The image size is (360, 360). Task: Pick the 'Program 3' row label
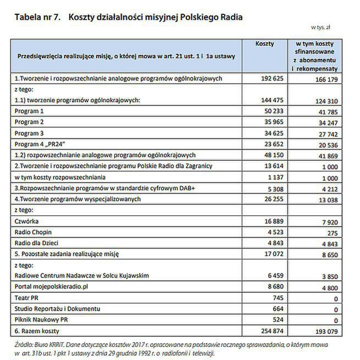click(x=29, y=133)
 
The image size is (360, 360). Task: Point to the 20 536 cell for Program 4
click(x=325, y=145)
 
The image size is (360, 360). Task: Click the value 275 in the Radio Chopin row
click(x=331, y=232)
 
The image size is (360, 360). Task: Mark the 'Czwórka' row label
click(x=26, y=221)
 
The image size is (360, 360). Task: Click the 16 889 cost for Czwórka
click(x=271, y=221)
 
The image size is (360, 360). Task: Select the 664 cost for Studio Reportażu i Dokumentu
click(x=276, y=308)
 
